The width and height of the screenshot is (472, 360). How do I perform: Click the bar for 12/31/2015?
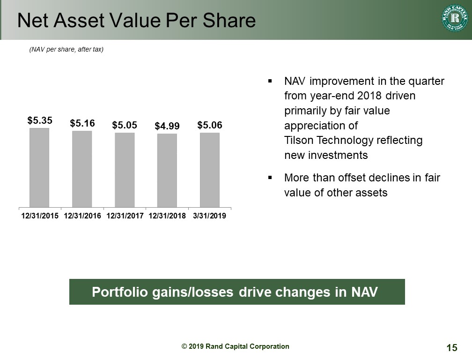pos(39,167)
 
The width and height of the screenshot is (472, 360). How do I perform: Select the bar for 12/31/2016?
pos(82,169)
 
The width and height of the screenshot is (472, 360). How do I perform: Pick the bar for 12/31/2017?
pos(125,170)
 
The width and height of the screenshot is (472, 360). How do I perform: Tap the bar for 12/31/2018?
pos(167,171)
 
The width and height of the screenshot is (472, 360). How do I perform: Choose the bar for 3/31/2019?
pos(210,170)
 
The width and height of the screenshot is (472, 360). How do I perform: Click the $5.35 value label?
pos(40,120)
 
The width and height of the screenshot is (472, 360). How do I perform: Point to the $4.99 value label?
pos(167,126)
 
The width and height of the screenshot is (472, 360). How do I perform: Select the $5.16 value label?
pos(82,123)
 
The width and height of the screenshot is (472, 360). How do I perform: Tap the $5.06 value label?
pos(210,125)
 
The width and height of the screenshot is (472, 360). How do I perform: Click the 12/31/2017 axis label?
pos(125,216)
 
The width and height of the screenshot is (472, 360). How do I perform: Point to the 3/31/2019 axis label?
pos(209,216)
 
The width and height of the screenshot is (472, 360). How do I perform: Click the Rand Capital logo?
pos(455,18)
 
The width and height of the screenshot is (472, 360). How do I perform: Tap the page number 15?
pos(452,348)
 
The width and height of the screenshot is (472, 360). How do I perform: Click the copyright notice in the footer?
pos(236,346)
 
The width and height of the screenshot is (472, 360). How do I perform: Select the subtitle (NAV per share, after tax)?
pos(66,49)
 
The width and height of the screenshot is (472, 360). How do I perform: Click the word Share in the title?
pos(229,21)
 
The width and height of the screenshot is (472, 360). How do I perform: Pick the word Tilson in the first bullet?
pos(299,140)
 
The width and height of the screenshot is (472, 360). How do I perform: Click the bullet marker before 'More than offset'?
pos(270,178)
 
